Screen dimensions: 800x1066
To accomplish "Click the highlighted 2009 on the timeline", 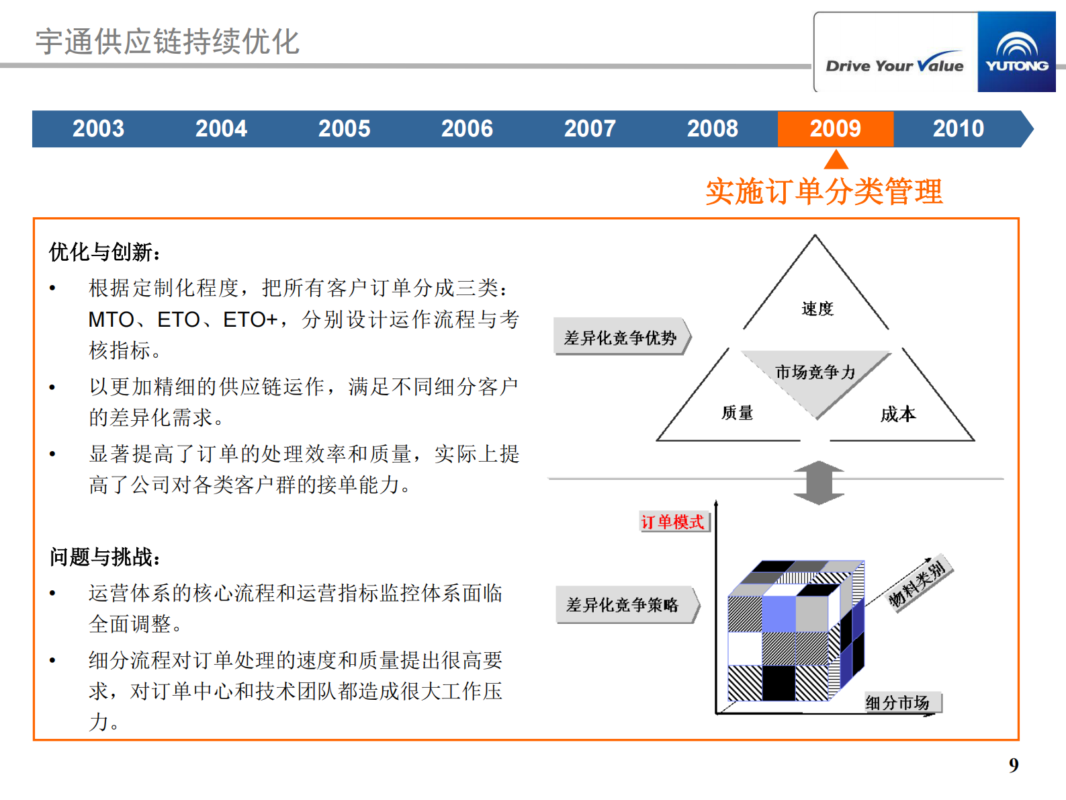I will click(835, 128).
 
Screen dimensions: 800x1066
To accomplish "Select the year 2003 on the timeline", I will click(98, 128).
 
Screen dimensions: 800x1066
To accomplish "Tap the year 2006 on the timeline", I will click(467, 128).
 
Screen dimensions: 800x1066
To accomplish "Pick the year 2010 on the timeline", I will click(958, 128).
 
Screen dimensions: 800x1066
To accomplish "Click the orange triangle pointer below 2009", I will click(836, 160).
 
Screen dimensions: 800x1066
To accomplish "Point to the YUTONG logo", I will click(1016, 52).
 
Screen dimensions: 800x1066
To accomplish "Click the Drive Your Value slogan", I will click(895, 65).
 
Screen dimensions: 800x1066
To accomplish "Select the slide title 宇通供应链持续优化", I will click(167, 42).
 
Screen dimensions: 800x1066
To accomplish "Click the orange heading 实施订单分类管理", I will click(824, 192).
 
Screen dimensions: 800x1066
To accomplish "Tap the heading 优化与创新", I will click(105, 252).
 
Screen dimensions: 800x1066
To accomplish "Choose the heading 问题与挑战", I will click(105, 557).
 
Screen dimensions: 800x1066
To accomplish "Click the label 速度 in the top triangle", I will click(817, 309).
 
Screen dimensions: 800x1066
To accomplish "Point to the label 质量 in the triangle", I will click(737, 413).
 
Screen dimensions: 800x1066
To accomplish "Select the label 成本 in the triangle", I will click(897, 414).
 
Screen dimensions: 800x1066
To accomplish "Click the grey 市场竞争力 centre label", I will click(815, 372).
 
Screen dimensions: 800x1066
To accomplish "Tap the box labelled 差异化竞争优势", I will click(620, 337).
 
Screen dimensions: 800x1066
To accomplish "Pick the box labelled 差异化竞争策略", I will click(623, 605).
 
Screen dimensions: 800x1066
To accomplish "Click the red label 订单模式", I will click(672, 522).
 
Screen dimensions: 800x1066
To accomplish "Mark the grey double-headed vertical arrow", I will click(818, 483).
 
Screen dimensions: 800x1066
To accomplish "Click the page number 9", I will click(1013, 765).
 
